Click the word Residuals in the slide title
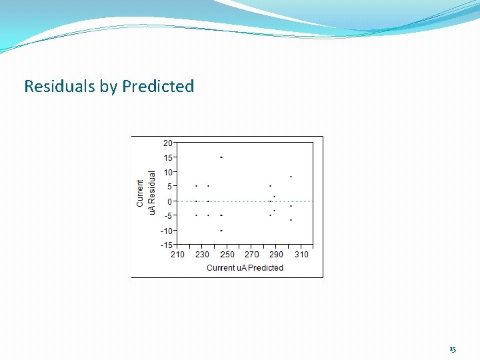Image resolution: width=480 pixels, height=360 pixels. coord(60,86)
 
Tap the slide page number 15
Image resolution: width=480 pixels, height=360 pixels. coord(453,349)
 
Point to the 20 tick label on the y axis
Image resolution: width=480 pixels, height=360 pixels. coord(168,143)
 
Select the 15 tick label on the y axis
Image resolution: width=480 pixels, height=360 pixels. coord(168,158)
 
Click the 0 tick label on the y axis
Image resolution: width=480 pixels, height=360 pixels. coord(171,201)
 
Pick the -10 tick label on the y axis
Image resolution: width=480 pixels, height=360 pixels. coord(167,231)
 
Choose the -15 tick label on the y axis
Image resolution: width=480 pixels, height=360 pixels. coord(167,245)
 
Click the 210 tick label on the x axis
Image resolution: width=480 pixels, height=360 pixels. coord(177,255)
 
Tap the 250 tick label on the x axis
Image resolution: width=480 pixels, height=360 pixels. coord(227,255)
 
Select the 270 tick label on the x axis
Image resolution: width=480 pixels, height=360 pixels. coord(252,255)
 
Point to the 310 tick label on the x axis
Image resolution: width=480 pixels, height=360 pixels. coord(301,255)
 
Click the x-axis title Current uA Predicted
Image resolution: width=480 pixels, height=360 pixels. coord(245,268)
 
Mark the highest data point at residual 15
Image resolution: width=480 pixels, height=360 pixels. coord(221,157)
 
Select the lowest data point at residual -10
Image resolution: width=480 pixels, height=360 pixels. coord(221,230)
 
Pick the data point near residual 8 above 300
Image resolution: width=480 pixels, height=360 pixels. coord(291,177)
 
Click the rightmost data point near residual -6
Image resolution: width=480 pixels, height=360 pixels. coord(291,220)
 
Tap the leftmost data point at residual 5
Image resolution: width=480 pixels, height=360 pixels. coord(196,186)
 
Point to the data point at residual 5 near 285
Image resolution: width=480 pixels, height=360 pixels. coord(270,186)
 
